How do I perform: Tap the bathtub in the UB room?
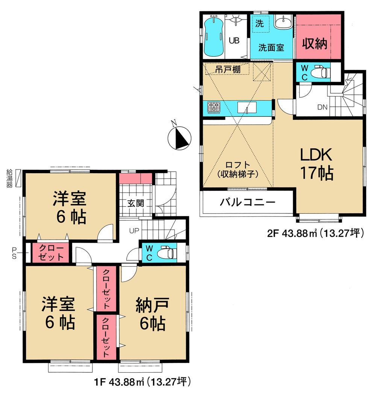212,37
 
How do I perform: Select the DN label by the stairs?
322,107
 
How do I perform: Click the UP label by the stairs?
134,230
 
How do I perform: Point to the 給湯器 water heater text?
9,179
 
